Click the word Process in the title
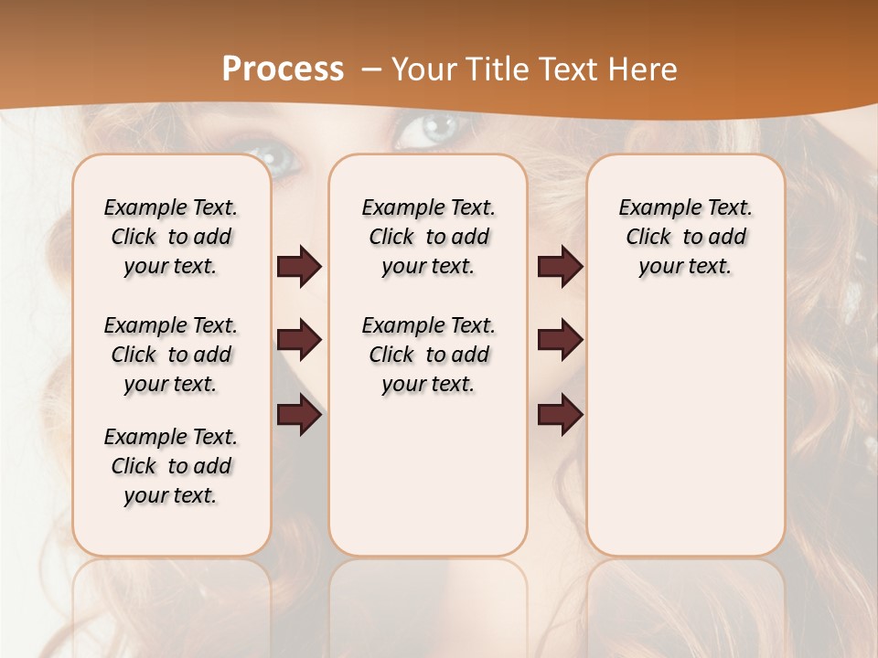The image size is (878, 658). (x=283, y=69)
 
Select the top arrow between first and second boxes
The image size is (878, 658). (x=299, y=267)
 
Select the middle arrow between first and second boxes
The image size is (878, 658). (x=299, y=341)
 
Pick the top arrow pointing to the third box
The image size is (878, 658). (x=560, y=267)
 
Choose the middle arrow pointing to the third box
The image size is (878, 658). (x=560, y=341)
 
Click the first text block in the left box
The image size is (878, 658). (x=171, y=237)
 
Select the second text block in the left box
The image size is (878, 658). (x=171, y=355)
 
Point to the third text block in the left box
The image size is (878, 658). (x=171, y=466)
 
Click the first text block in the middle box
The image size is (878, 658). (x=428, y=237)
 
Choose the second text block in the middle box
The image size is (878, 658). (x=428, y=355)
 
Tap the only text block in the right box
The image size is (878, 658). (x=685, y=237)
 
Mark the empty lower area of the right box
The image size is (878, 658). (x=685, y=439)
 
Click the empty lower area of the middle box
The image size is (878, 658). (x=428, y=475)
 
